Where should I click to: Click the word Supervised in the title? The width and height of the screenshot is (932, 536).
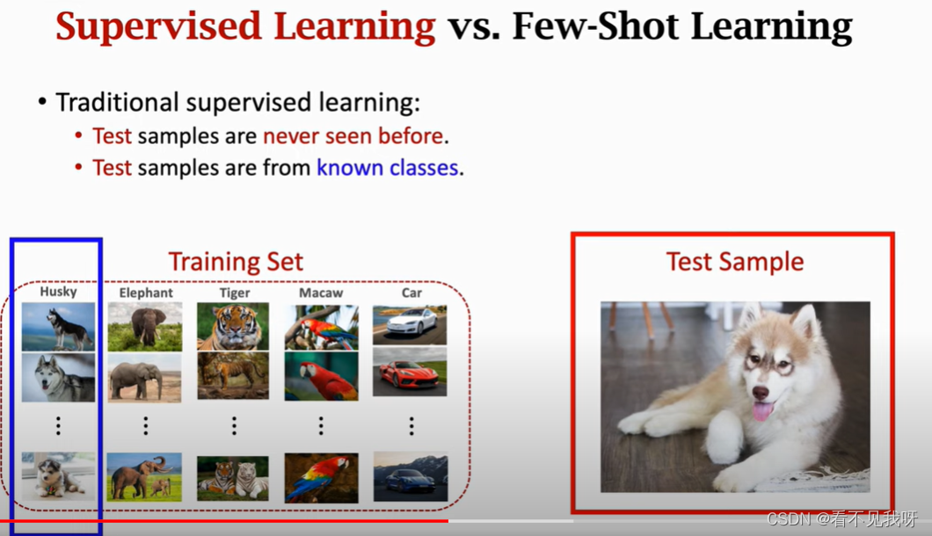tap(158, 27)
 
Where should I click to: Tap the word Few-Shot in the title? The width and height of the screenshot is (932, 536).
tap(595, 26)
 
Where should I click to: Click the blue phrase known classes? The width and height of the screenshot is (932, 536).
tap(388, 168)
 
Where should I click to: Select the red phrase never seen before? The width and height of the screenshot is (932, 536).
tap(353, 136)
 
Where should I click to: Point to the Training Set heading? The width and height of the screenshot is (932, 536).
tap(236, 262)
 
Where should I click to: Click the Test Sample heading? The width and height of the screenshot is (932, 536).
tap(735, 262)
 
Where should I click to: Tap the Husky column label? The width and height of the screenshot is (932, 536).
tap(58, 291)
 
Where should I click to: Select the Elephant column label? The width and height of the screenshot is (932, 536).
tap(146, 293)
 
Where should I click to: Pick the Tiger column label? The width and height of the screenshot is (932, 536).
tap(235, 293)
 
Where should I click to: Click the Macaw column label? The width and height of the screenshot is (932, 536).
tap(321, 293)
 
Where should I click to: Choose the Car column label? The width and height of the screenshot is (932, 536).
tap(411, 293)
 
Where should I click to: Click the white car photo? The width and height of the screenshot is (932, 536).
tap(410, 325)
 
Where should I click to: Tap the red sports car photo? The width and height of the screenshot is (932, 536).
tap(410, 372)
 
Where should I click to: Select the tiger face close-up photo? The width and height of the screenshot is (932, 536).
tap(233, 326)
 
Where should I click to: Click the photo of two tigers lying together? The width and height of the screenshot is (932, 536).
tap(233, 478)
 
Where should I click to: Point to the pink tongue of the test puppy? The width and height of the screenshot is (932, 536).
tap(762, 411)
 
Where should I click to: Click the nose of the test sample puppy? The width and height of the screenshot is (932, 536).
tap(761, 392)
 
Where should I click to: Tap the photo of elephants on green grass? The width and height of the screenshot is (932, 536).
tap(144, 477)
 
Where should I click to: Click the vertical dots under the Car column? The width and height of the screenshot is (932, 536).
tap(411, 426)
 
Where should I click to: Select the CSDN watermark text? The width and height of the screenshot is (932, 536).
tap(842, 518)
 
